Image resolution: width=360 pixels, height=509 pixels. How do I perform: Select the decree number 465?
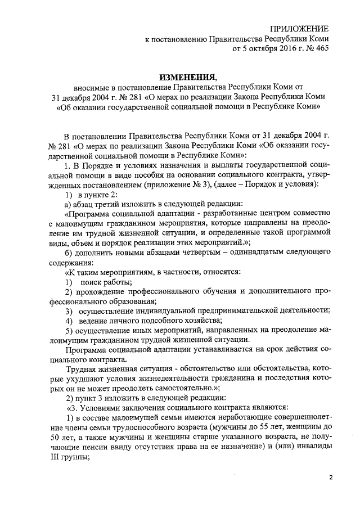[321, 49]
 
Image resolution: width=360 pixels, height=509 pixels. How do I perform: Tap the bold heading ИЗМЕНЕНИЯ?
[184, 77]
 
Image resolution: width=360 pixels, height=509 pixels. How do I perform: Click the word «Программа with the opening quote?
[87, 214]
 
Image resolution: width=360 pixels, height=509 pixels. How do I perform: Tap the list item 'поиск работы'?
[106, 282]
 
